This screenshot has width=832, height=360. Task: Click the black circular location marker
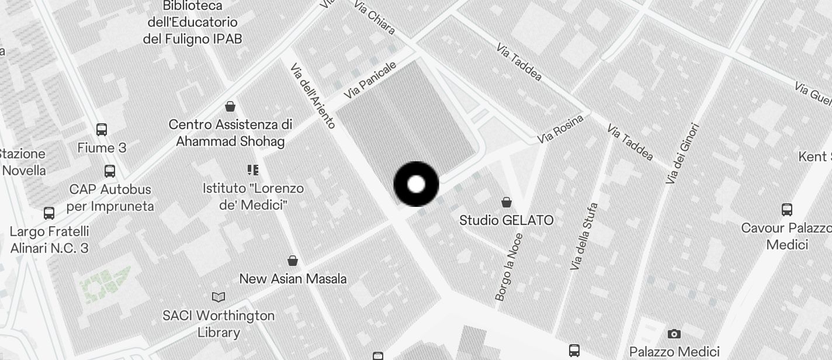pos(416,184)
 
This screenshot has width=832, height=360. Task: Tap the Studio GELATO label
pos(506,220)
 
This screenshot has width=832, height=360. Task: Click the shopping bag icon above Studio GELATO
pos(507,202)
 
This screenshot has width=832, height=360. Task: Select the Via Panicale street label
pos(370,79)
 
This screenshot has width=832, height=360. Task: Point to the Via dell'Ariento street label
pos(313,96)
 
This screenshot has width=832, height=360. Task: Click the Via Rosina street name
pos(560,129)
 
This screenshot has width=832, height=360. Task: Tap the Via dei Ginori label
pos(682,153)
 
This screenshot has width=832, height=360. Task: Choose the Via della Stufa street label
pos(584,236)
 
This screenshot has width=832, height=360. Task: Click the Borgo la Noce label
pos(508,267)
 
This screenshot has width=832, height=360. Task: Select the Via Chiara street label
pos(375,18)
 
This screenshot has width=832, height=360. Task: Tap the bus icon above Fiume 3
pos(102,129)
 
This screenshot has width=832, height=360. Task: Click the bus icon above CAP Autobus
pos(109,171)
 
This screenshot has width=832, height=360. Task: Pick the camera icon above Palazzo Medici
pos(674,334)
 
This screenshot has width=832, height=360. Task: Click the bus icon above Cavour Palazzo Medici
pos(787,209)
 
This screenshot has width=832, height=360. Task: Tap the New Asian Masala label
pos(293,279)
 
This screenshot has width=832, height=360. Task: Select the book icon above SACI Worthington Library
pos(219,297)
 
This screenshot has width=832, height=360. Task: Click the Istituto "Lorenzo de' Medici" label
pos(253,196)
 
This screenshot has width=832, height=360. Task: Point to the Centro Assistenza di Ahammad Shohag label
pos(230,133)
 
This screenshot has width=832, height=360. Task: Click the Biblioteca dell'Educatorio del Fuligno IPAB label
pos(192,22)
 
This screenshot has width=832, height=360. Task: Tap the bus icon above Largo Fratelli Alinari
pos(49,213)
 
